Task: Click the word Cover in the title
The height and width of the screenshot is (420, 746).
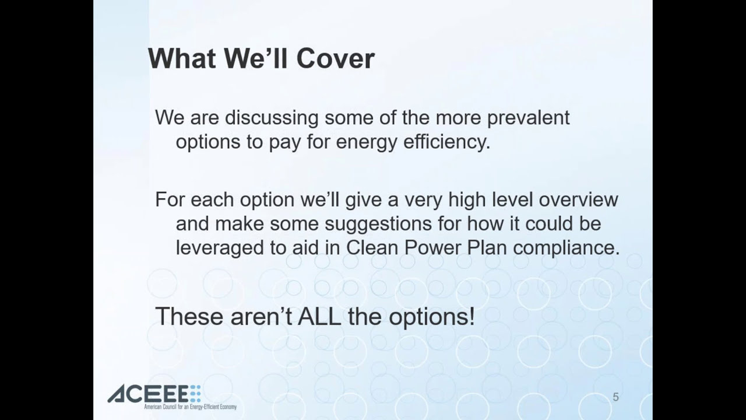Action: [335, 59]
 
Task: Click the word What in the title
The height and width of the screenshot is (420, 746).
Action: [182, 58]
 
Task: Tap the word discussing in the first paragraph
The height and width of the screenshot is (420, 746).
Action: [272, 118]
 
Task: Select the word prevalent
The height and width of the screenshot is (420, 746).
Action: [528, 118]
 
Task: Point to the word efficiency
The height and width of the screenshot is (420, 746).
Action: [447, 142]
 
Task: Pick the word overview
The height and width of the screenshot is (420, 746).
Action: [579, 199]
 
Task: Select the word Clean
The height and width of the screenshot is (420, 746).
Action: [372, 248]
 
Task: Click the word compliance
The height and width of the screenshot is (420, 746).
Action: [566, 249]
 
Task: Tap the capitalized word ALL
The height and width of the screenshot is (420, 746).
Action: [319, 316]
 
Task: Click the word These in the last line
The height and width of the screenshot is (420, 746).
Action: [189, 316]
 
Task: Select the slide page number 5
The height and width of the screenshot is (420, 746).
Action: [616, 397]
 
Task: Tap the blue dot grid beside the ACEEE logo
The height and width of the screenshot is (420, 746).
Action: [195, 394]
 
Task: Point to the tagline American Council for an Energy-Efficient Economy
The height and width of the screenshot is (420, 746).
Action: [190, 407]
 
